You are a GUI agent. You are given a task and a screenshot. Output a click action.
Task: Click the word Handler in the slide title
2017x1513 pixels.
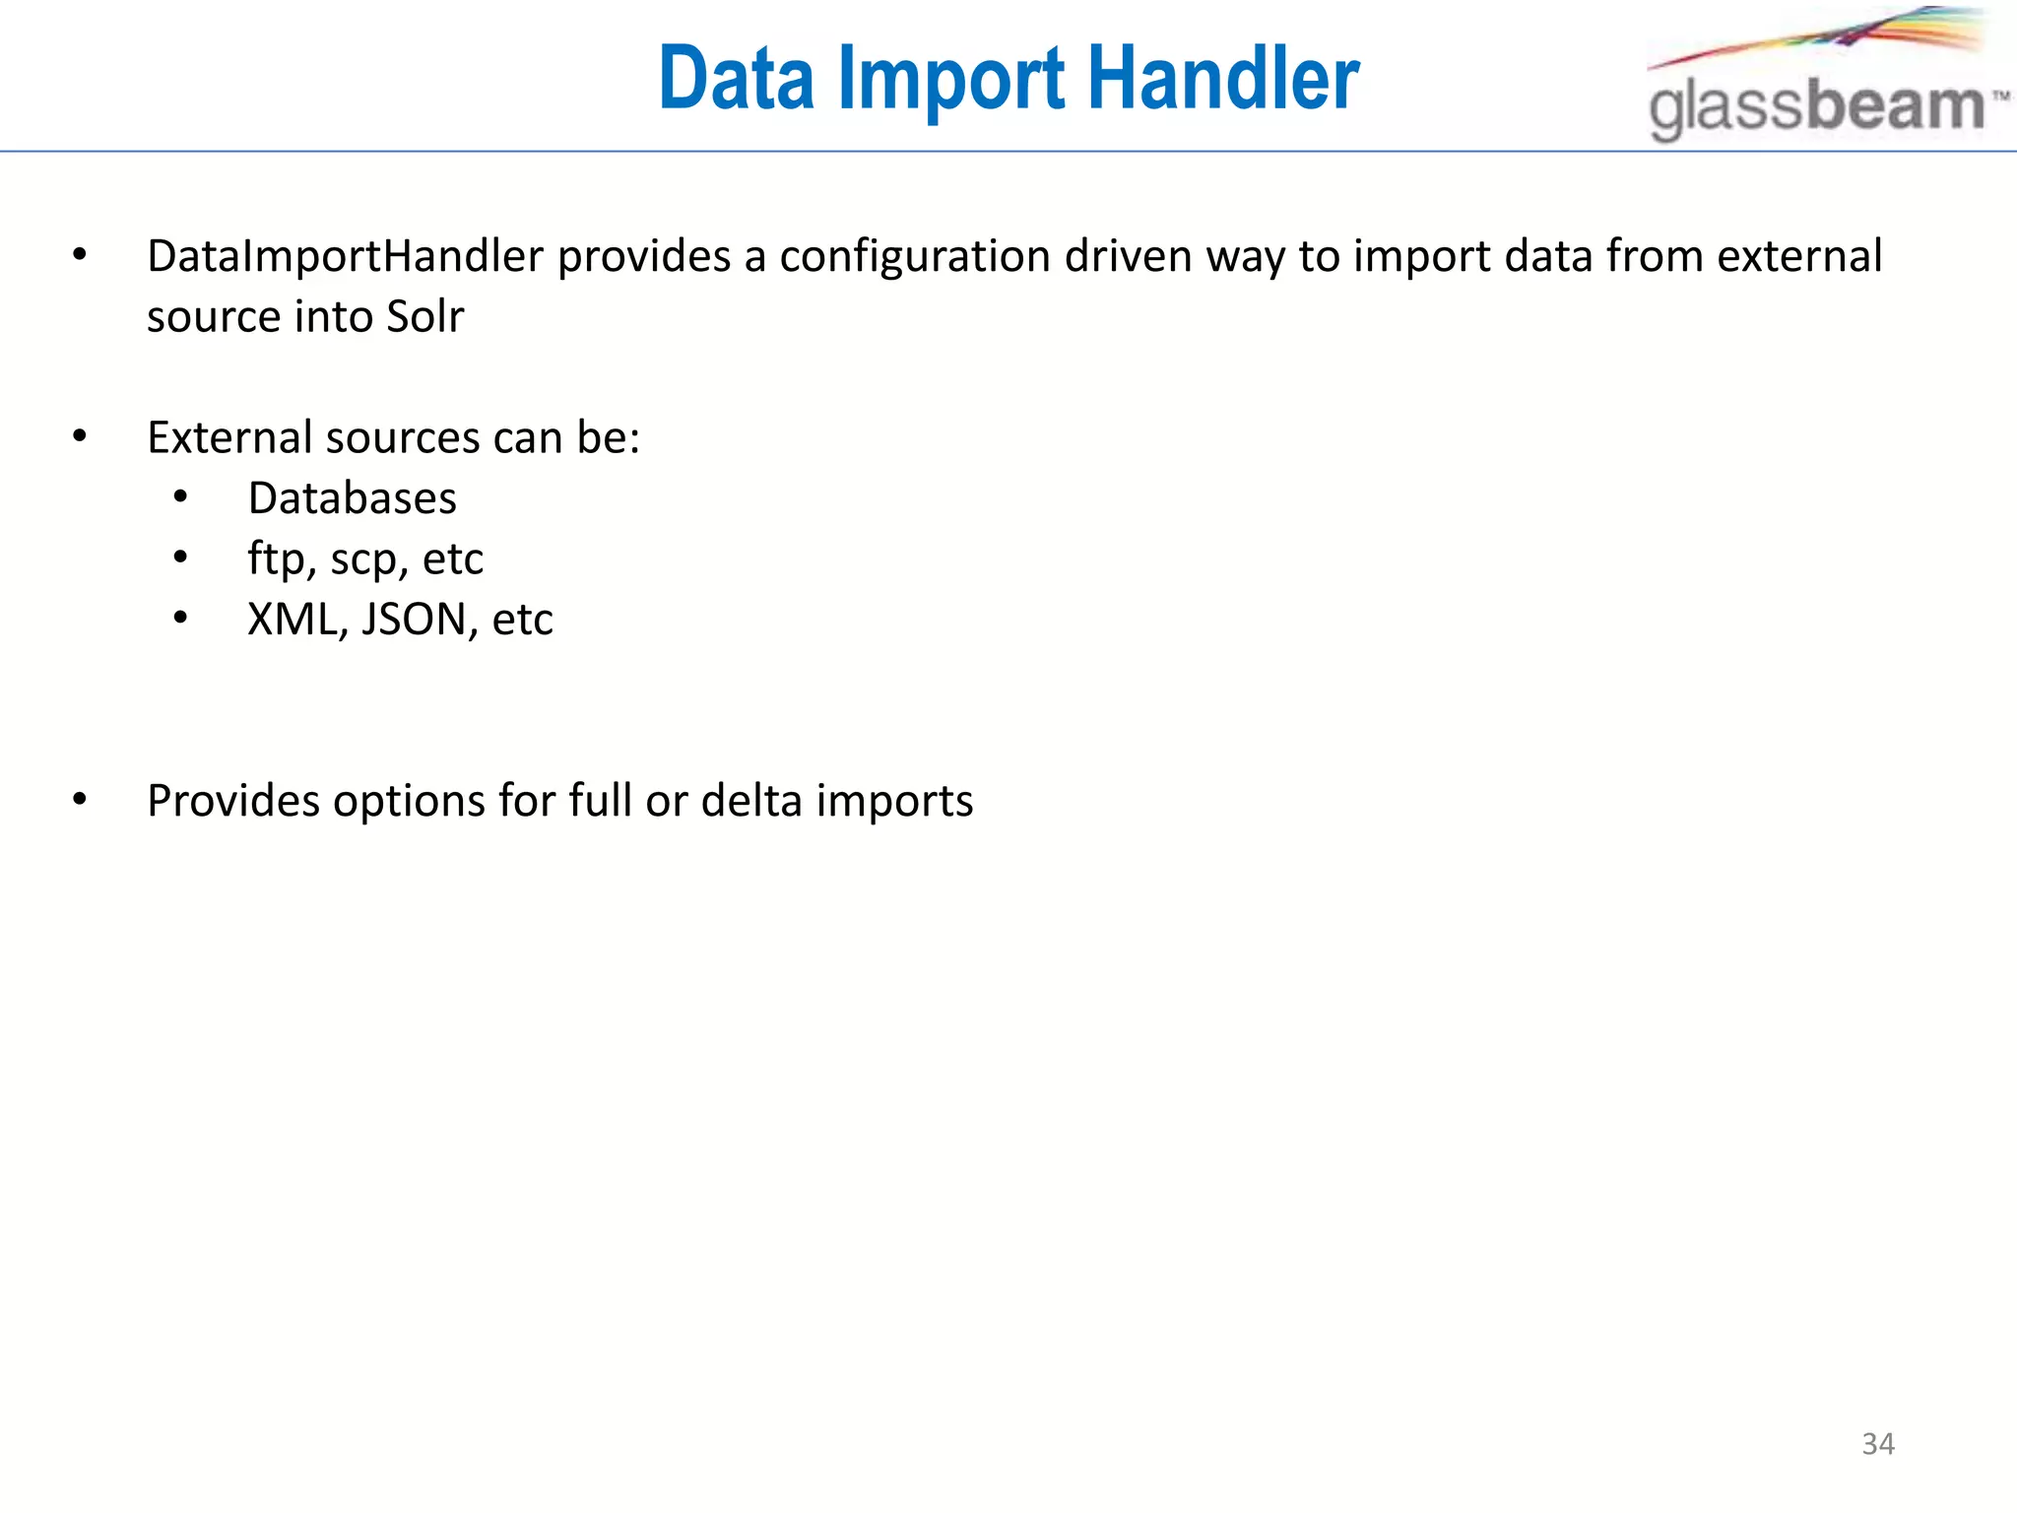1223,79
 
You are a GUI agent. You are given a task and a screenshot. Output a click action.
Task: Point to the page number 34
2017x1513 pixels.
1878,1444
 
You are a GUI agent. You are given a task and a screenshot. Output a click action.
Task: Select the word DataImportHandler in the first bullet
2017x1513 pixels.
345,257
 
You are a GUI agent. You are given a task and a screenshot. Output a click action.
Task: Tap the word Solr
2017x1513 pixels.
424,317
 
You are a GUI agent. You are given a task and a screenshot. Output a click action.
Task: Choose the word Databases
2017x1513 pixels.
352,498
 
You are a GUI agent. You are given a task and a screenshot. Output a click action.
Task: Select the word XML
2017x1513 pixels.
292,620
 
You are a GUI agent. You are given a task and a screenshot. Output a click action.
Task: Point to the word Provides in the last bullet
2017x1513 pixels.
233,801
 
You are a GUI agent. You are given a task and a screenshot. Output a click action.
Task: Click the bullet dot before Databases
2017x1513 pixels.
180,498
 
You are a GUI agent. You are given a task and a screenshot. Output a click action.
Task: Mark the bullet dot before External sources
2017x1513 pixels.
80,436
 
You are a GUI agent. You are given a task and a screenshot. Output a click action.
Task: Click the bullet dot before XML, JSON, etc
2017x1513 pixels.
180,619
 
